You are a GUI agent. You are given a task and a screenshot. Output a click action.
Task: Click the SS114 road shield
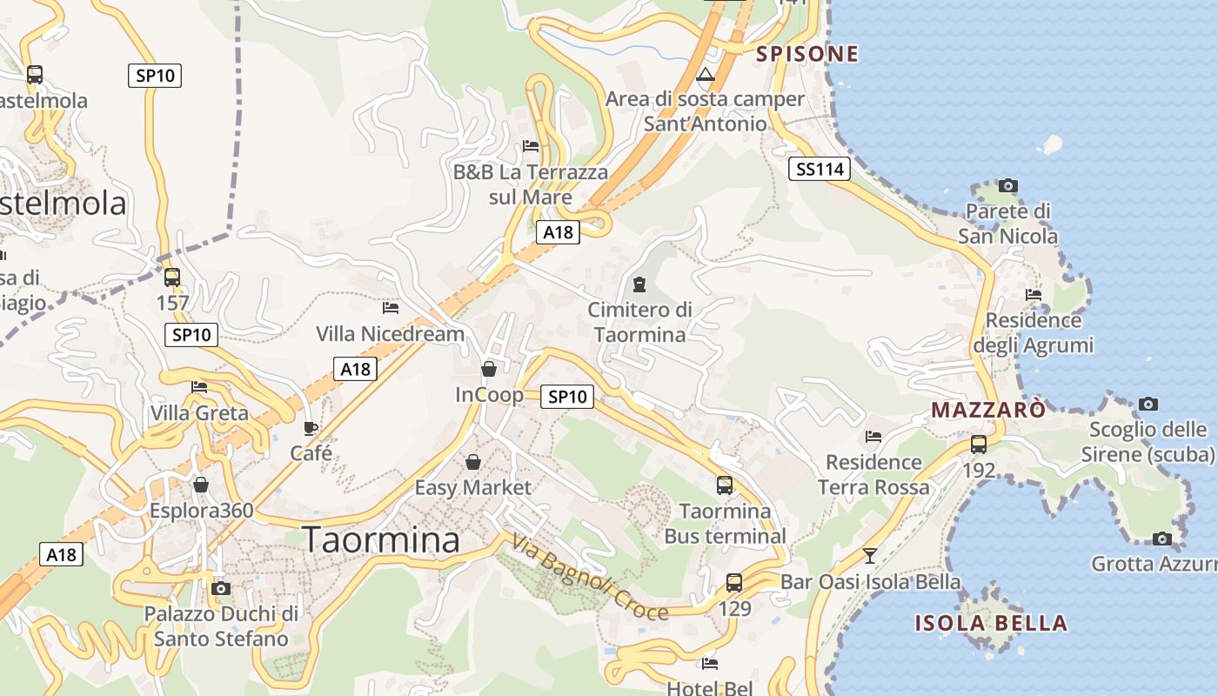[x=820, y=169]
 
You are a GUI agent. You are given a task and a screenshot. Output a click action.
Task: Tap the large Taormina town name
[x=381, y=540]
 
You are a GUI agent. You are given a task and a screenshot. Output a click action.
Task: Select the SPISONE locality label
[x=806, y=54]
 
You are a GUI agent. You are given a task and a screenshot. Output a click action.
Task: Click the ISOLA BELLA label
[x=991, y=623]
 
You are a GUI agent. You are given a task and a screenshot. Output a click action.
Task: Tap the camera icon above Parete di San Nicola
[x=1008, y=185]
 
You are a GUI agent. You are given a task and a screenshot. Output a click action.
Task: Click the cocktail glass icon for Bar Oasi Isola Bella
[x=869, y=555]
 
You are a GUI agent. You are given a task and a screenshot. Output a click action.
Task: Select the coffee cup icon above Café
[x=311, y=428]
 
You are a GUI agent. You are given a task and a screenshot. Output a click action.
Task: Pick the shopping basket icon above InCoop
[x=489, y=369]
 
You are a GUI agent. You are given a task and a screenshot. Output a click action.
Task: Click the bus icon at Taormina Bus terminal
[x=725, y=485]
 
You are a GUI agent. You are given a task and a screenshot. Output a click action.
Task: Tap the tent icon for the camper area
[x=706, y=75]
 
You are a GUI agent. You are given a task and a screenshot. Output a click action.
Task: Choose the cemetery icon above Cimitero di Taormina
[x=639, y=284]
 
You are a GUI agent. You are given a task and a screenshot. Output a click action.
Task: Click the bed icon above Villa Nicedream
[x=391, y=307]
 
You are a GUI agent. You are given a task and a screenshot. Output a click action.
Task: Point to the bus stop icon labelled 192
[x=979, y=444]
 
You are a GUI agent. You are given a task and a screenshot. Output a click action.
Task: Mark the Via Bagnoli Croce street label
[x=590, y=577]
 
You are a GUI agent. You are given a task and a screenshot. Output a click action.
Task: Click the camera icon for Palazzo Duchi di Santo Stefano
[x=221, y=588]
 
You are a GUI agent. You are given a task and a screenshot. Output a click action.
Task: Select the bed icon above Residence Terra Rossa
[x=873, y=437]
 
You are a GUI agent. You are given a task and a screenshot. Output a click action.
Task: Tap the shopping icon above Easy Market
[x=473, y=461]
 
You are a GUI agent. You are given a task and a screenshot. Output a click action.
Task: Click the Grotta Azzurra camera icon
[x=1161, y=539]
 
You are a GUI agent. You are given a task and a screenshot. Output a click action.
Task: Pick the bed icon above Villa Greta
[x=199, y=387]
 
